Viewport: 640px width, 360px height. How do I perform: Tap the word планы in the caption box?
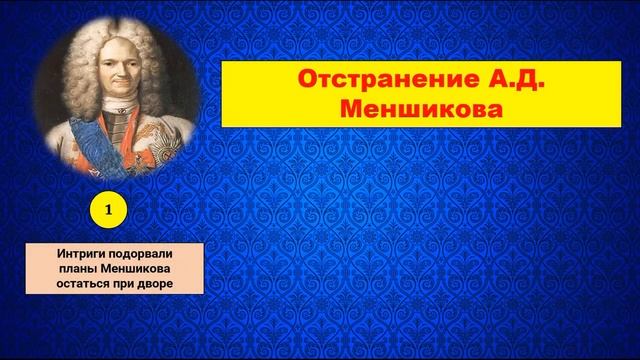[x=73, y=269]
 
